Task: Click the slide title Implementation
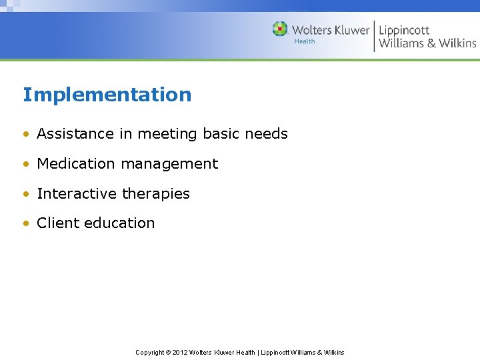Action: (x=107, y=95)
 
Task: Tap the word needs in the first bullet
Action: (x=266, y=133)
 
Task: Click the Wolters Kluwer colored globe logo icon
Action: (x=280, y=29)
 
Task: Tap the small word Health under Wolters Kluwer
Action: (x=305, y=41)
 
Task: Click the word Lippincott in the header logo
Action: (x=404, y=30)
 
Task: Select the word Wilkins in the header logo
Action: (x=457, y=43)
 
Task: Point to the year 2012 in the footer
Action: (x=180, y=352)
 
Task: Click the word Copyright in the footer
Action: (x=151, y=352)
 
